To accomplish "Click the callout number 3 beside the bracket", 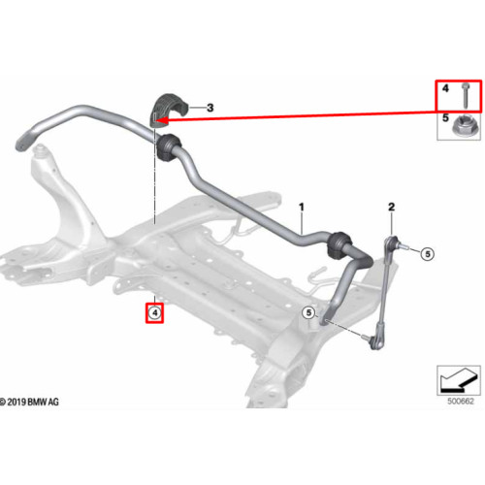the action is tap(210, 108).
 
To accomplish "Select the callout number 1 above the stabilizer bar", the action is tap(302, 207).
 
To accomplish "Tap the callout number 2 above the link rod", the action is tap(391, 207).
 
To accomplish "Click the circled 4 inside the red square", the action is tap(155, 313).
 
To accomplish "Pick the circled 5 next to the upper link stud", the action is tap(428, 254).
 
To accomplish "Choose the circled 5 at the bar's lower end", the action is tap(308, 312).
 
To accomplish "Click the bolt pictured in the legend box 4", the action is tap(465, 95).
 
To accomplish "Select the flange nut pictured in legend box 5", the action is tap(463, 127).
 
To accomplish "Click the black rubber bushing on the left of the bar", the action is tap(169, 147).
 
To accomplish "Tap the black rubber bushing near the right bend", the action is tap(339, 245).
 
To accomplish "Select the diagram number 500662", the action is tap(461, 402).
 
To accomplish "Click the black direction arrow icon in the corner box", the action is tap(459, 380).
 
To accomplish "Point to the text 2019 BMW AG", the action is tap(33, 403).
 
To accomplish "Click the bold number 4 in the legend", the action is tap(445, 88).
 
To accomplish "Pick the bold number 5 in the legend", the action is tap(445, 117).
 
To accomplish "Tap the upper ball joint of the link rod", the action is tap(392, 242).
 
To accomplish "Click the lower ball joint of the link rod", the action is tap(376, 343).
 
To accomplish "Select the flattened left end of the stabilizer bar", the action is tap(23, 141).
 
